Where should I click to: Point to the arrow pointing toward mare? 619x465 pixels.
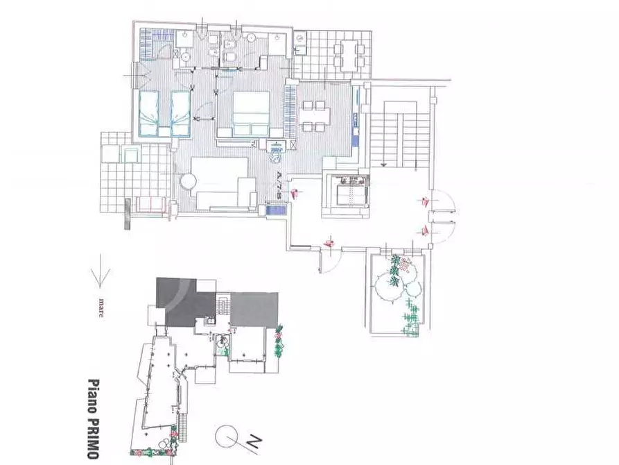pyautogui.click(x=102, y=271)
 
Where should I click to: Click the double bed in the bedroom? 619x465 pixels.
pyautogui.click(x=250, y=112)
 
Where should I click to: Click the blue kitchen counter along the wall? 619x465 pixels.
pyautogui.click(x=356, y=118)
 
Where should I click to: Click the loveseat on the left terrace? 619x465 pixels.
pyautogui.click(x=149, y=203)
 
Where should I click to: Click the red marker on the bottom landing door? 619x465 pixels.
pyautogui.click(x=329, y=243)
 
